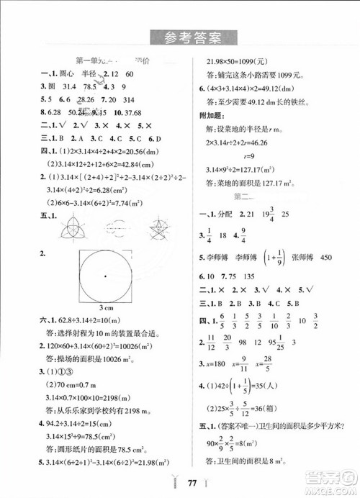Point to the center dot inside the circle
point(104,276)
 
